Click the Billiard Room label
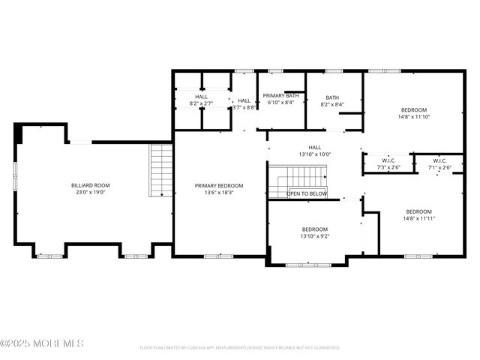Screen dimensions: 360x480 91,184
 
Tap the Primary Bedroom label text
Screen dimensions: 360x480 219,185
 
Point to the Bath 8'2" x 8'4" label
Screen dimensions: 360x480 332,97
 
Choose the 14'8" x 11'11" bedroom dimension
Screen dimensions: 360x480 418,218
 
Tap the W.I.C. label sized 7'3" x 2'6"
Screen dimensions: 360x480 388,160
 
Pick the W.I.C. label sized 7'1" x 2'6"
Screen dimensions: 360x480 440,160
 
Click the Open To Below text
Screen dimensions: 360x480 307,193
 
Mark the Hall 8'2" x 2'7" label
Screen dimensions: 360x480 202,97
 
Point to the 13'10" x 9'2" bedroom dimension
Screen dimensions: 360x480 315,236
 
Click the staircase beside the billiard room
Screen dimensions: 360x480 161,170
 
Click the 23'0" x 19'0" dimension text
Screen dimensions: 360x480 91,192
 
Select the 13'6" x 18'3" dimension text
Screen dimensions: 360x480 219,193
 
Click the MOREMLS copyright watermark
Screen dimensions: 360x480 42,343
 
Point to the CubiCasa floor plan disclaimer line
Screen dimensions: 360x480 240,347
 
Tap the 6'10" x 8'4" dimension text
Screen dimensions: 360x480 280,103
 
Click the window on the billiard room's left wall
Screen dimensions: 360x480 16,177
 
